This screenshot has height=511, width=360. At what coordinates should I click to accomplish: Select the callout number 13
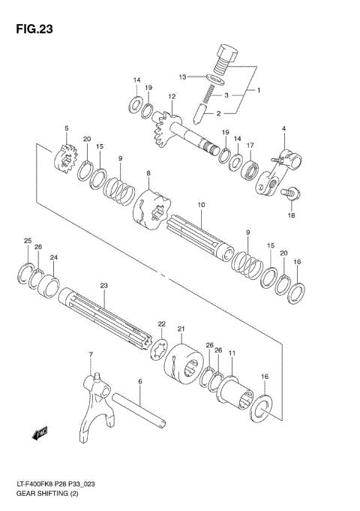click(182, 77)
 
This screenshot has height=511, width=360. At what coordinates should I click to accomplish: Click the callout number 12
click(172, 96)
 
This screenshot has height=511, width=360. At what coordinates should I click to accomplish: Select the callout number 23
click(103, 285)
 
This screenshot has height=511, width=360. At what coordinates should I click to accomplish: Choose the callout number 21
click(181, 329)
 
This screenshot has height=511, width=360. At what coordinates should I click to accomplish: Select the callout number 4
click(284, 129)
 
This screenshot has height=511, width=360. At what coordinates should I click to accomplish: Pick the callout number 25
click(27, 240)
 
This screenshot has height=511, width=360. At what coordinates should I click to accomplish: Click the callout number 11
click(232, 353)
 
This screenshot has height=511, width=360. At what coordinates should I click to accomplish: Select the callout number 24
click(53, 257)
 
